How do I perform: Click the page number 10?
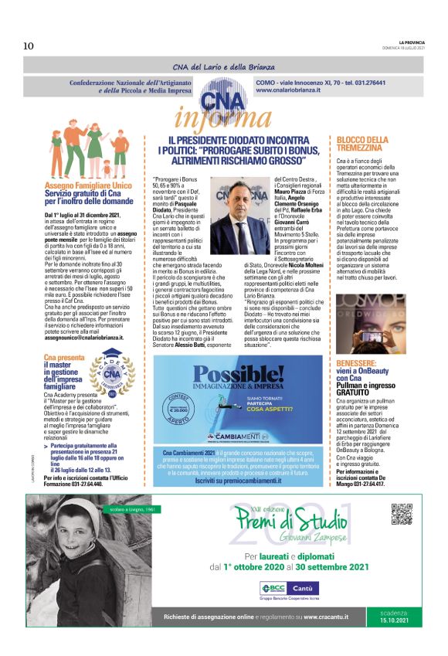29,46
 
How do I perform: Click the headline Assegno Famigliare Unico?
87,187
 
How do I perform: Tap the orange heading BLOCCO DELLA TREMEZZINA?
362,144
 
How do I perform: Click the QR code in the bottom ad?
402,514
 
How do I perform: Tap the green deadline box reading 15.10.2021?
397,616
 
